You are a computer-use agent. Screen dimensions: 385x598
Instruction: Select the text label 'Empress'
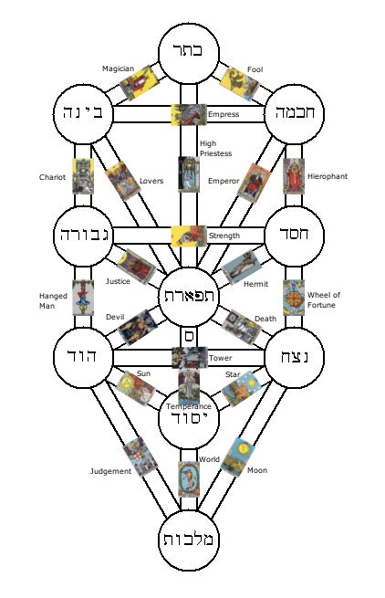coord(224,114)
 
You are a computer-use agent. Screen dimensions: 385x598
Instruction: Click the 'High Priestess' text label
coord(215,148)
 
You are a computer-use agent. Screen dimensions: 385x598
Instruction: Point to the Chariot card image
coord(83,176)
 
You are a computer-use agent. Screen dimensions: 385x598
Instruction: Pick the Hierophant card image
coord(294,176)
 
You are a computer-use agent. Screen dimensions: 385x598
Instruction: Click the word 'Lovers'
coord(151,181)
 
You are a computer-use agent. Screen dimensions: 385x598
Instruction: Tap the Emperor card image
coord(255,183)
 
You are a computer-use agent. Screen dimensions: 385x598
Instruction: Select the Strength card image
coord(189,236)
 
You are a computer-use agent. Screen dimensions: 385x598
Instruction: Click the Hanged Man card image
coord(83,298)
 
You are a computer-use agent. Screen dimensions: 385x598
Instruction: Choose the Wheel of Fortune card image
coord(294,298)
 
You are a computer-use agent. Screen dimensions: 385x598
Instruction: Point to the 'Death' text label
coord(265,319)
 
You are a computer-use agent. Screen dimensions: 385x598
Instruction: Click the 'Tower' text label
coord(221,358)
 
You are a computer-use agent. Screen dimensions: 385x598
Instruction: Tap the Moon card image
coord(238,456)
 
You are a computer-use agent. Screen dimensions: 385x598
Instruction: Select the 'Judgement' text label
coord(110,471)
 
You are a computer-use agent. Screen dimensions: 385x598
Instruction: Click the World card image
coord(189,479)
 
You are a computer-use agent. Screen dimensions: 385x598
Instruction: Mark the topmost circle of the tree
coord(189,53)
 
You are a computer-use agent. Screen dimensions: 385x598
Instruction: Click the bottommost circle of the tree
coord(189,540)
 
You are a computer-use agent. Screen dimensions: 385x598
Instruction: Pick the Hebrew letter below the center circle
coord(189,336)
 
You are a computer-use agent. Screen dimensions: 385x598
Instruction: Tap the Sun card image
coord(136,388)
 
